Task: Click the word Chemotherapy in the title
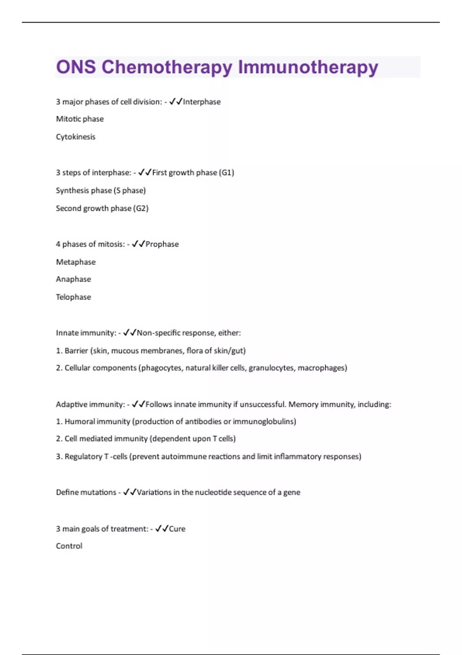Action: (167, 67)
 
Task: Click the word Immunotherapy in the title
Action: (308, 67)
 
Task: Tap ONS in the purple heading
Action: (76, 67)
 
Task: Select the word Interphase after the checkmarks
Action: (202, 102)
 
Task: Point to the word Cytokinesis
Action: (75, 137)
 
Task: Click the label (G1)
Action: (226, 173)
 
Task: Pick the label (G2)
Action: (141, 208)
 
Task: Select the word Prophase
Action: (162, 244)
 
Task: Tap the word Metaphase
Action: (76, 262)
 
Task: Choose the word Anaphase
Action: (74, 279)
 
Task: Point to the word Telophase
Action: (74, 297)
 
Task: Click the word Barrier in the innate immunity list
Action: (76, 351)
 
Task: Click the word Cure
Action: (177, 529)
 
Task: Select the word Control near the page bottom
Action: (69, 546)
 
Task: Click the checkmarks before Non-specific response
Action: (130, 333)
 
